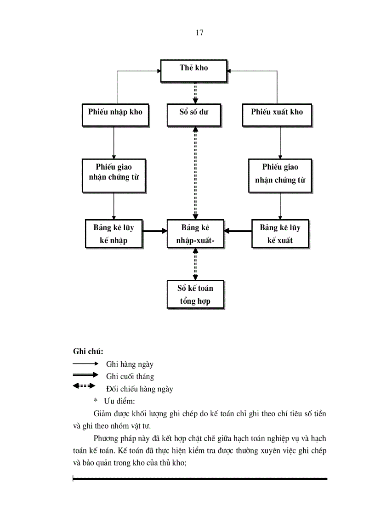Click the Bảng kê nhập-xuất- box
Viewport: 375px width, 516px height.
coord(195,234)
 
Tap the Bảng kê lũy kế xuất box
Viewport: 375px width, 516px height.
coord(280,234)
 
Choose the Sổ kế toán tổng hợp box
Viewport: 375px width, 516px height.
coord(195,294)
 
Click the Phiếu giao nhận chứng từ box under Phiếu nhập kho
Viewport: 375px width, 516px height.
coord(114,176)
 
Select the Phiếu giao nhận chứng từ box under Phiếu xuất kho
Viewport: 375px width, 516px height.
coord(280,176)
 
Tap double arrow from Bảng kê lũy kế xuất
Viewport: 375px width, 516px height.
coord(238,232)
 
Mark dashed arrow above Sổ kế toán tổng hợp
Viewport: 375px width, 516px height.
coord(195,264)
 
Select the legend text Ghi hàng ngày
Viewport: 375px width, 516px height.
coord(130,364)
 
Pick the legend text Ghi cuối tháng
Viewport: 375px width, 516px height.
coord(130,377)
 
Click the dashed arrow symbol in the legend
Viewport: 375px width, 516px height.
coord(84,386)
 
